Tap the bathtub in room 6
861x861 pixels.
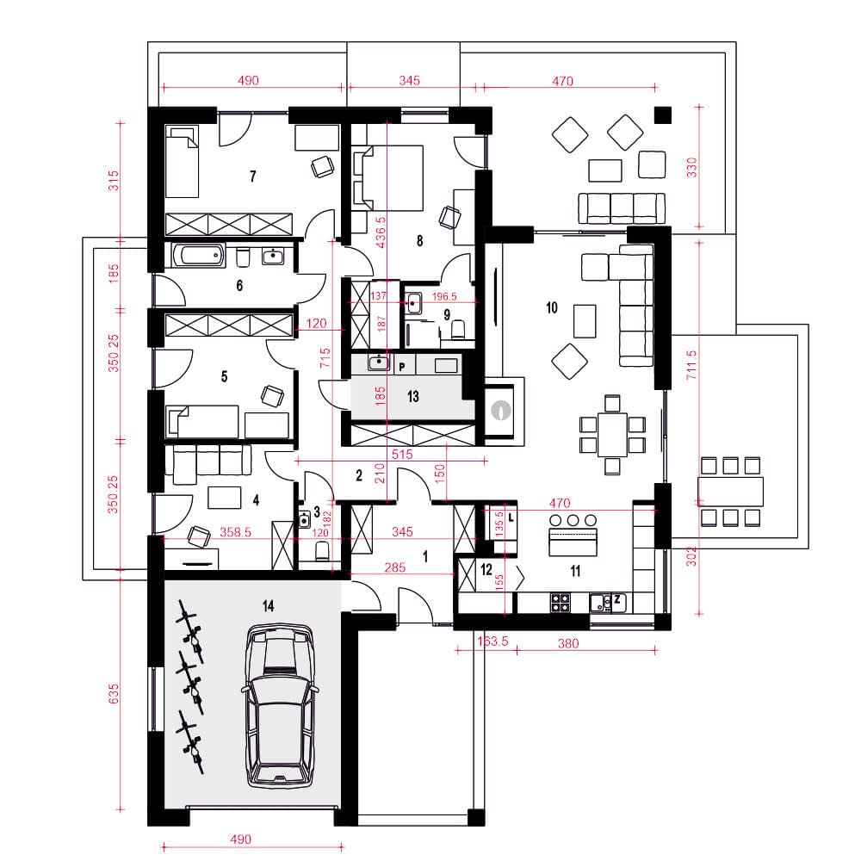click(198, 256)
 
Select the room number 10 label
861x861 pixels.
click(552, 307)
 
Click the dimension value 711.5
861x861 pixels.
click(691, 364)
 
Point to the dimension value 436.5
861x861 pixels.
click(380, 231)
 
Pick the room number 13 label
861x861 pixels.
click(413, 396)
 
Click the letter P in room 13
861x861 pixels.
click(402, 366)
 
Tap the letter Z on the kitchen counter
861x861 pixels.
click(617, 599)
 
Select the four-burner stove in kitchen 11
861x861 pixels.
click(561, 603)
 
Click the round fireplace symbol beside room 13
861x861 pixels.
click(500, 410)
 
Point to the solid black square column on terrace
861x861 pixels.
click(663, 115)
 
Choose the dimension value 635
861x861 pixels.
click(114, 693)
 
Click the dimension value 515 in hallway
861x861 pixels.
click(402, 455)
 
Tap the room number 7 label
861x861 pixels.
click(252, 177)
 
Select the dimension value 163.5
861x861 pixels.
click(492, 641)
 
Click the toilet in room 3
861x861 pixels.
click(322, 551)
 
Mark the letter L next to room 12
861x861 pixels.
click(511, 517)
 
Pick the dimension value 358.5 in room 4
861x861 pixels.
click(236, 532)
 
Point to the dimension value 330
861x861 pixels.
click(692, 167)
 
